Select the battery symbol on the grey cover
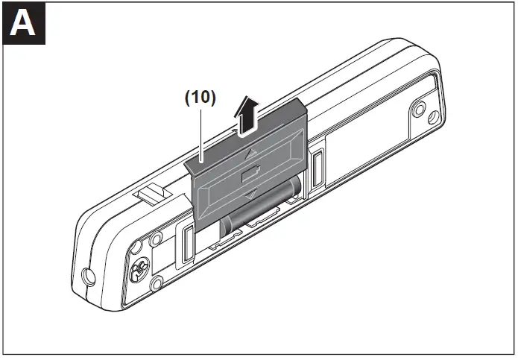pos(249,176)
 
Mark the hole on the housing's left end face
pos(89,277)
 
